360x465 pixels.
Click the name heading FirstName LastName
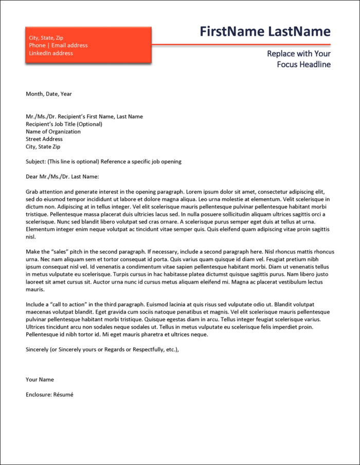click(x=265, y=32)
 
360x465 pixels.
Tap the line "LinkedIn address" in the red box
click(x=51, y=53)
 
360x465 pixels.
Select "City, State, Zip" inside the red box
click(x=46, y=38)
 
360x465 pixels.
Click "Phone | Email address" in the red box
click(x=58, y=46)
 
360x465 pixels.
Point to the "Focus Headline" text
click(x=303, y=65)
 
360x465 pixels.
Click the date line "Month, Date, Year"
click(x=49, y=94)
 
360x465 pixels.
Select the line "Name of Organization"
click(x=53, y=132)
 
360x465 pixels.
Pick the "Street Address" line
click(x=44, y=139)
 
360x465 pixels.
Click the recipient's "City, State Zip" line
click(x=43, y=147)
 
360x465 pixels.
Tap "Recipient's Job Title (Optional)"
click(x=64, y=124)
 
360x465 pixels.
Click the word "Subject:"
click(x=35, y=162)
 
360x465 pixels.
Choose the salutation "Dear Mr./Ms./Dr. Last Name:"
click(x=62, y=177)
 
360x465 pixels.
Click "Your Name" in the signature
click(x=40, y=380)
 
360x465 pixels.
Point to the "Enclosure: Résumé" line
click(x=50, y=395)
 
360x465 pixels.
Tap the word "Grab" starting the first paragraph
click(x=32, y=192)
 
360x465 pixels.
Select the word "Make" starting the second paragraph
click(x=33, y=252)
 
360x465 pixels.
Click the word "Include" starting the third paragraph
click(x=35, y=305)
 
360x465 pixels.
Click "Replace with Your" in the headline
click(x=299, y=54)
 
